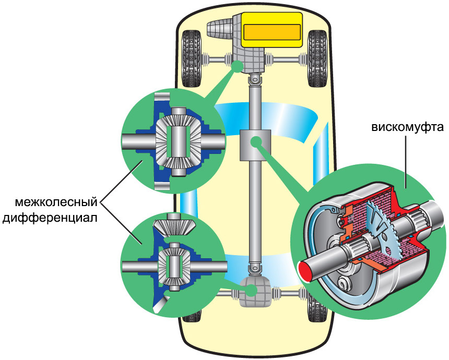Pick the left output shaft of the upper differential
[x=137, y=141]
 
